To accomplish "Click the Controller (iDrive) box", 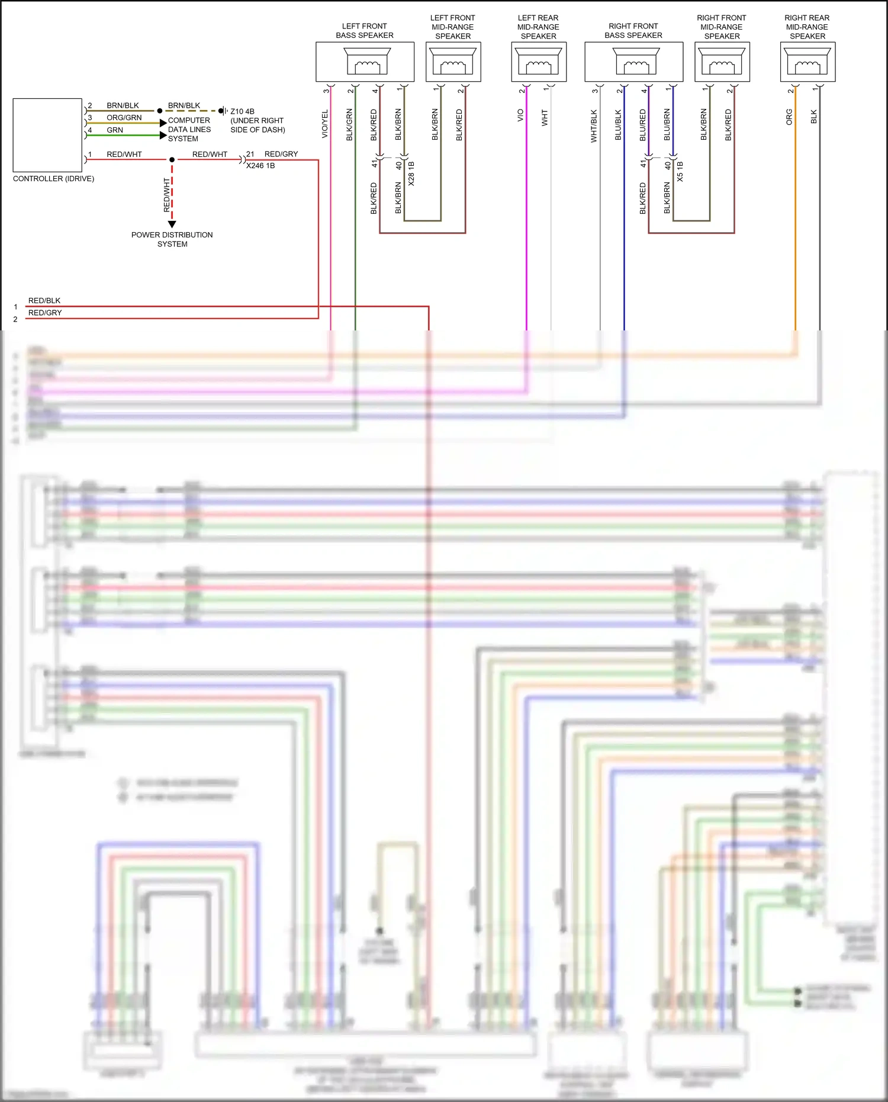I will pyautogui.click(x=47, y=135).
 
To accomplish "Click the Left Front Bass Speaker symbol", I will pyautogui.click(x=367, y=61).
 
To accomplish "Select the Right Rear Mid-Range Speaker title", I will pyautogui.click(x=807, y=27).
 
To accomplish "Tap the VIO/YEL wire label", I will pyautogui.click(x=324, y=124).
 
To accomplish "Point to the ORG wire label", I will pyautogui.click(x=789, y=117).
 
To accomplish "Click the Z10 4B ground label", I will pyautogui.click(x=242, y=111).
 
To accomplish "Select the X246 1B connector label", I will pyautogui.click(x=260, y=166).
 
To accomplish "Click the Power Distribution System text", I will pyautogui.click(x=172, y=239).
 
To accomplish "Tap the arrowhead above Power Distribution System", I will pyautogui.click(x=172, y=224).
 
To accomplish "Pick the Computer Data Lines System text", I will pyautogui.click(x=189, y=129).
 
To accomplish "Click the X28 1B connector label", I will pyautogui.click(x=411, y=174).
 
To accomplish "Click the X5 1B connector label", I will pyautogui.click(x=680, y=171).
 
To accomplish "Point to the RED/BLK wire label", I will pyautogui.click(x=44, y=301).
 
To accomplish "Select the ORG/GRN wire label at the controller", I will pyautogui.click(x=124, y=118).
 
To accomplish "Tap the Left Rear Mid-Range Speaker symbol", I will pyautogui.click(x=538, y=61).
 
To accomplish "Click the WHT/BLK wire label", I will pyautogui.click(x=594, y=126).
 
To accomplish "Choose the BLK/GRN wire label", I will pyautogui.click(x=349, y=124).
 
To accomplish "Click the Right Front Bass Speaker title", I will pyautogui.click(x=633, y=31).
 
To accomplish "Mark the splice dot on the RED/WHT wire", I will pyautogui.click(x=172, y=160).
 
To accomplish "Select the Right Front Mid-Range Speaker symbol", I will pyautogui.click(x=722, y=61).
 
